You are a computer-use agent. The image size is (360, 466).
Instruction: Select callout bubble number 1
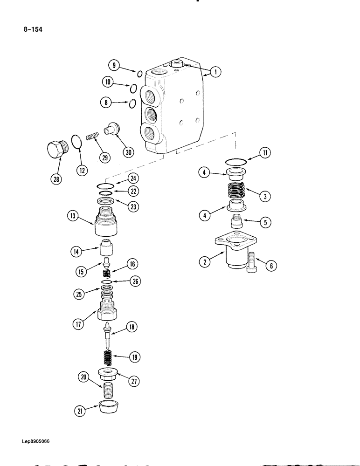click(215, 72)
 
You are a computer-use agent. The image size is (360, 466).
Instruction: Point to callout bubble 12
click(82, 171)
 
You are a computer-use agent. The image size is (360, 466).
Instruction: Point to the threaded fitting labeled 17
click(109, 309)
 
